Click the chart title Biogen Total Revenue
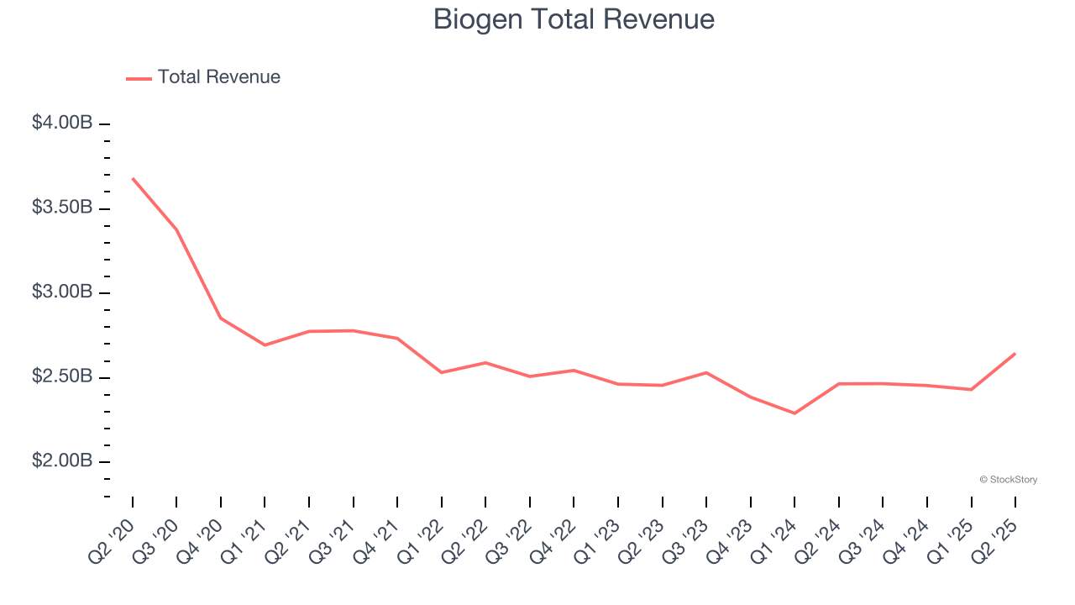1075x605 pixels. [574, 19]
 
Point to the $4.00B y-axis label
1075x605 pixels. [62, 123]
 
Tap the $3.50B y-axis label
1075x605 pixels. [62, 208]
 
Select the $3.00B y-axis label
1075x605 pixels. [62, 292]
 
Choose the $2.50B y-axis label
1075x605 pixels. [62, 376]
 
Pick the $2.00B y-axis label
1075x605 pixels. [62, 461]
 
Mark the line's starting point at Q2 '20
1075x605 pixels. [133, 178]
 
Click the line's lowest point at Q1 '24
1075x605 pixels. [794, 413]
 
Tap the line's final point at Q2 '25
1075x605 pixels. [1015, 354]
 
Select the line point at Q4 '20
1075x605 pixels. [221, 318]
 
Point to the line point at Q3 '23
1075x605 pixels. [706, 372]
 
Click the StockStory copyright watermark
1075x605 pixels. [1008, 480]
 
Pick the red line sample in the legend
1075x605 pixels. [139, 78]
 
